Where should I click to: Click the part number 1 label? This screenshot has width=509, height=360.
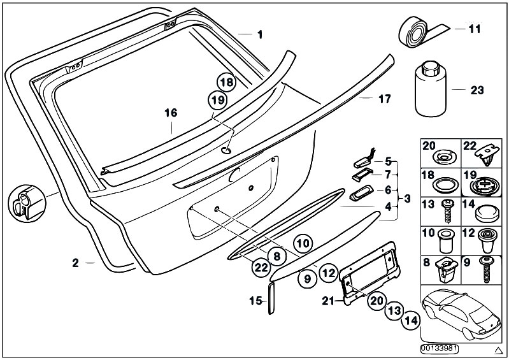(x=259, y=34)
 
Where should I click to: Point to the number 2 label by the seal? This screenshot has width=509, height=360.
(x=75, y=263)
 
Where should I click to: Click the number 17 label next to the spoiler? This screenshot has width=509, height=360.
(x=384, y=99)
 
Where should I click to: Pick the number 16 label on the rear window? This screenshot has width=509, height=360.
(x=169, y=113)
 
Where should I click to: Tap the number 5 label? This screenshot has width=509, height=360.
(x=389, y=162)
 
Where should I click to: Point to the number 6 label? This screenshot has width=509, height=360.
(x=389, y=190)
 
